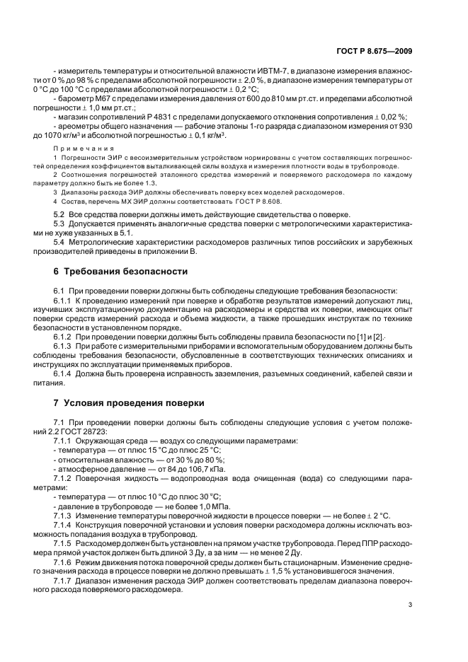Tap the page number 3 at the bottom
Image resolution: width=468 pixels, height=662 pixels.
410,604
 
